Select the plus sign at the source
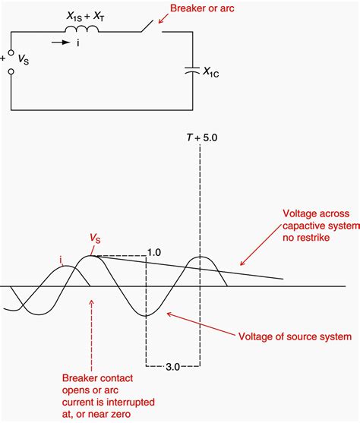point(5,55)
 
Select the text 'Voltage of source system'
point(295,336)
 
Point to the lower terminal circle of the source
point(11,74)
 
